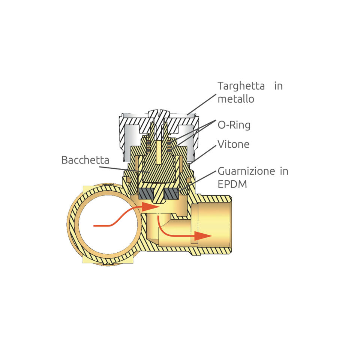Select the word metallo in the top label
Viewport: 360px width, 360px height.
coord(236,99)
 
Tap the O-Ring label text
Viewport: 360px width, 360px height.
coord(234,125)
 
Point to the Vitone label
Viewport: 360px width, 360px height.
coord(233,144)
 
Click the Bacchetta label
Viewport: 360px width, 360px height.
coord(85,160)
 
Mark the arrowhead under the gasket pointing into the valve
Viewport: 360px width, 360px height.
coord(151,207)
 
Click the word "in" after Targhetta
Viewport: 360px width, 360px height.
coord(278,86)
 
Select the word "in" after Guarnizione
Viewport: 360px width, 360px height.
coord(284,172)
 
